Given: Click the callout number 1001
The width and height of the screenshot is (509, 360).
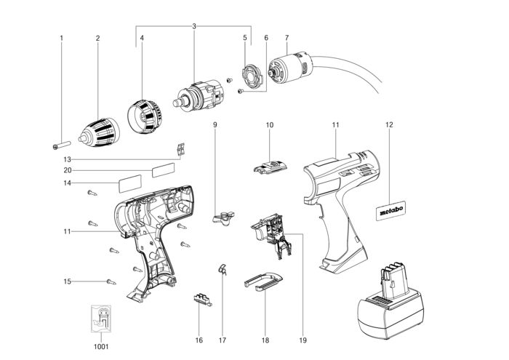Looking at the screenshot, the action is pyautogui.click(x=101, y=347).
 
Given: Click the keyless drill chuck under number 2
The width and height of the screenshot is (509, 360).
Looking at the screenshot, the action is pyautogui.click(x=100, y=132).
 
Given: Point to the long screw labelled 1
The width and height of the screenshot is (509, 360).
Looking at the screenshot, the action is pyautogui.click(x=61, y=145).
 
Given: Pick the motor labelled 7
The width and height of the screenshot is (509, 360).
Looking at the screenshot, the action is pyautogui.click(x=289, y=69).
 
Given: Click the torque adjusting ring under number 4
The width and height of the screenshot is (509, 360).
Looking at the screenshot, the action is pyautogui.click(x=144, y=116).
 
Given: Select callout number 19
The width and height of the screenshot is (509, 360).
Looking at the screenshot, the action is pyautogui.click(x=302, y=340).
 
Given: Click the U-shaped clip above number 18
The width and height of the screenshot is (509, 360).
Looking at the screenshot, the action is pyautogui.click(x=263, y=281).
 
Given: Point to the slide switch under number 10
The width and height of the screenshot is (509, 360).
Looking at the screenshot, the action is pyautogui.click(x=270, y=167).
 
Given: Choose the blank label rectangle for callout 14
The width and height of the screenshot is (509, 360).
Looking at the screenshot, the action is pyautogui.click(x=130, y=184).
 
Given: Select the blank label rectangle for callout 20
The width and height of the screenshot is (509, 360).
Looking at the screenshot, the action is pyautogui.click(x=164, y=170).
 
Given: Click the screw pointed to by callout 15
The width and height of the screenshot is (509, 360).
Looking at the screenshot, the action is pyautogui.click(x=111, y=281).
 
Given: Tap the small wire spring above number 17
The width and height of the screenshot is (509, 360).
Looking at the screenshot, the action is pyautogui.click(x=223, y=269).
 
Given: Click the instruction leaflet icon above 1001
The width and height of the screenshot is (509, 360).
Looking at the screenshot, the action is pyautogui.click(x=101, y=318).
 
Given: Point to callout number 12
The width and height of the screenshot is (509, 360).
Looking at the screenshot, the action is pyautogui.click(x=389, y=124).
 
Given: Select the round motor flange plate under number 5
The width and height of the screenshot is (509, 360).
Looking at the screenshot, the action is pyautogui.click(x=252, y=77).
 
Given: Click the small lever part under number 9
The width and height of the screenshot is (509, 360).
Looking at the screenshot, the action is pyautogui.click(x=224, y=217).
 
